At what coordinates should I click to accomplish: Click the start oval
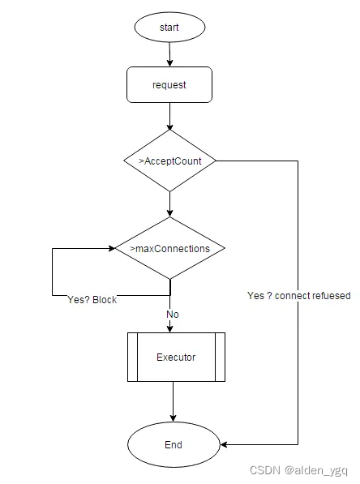click(169, 27)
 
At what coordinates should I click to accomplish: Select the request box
click(169, 84)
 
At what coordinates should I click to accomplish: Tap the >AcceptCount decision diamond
click(169, 161)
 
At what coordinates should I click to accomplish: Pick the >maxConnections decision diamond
click(169, 248)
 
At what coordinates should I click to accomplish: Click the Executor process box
click(175, 357)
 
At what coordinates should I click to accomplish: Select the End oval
click(174, 444)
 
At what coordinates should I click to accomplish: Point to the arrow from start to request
click(169, 54)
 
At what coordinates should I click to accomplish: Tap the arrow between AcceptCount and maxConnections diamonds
click(169, 204)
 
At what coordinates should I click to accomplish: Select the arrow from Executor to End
click(174, 402)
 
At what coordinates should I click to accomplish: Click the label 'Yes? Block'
click(92, 300)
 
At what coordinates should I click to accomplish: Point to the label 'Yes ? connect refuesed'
click(298, 296)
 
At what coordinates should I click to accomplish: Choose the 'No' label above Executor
click(173, 314)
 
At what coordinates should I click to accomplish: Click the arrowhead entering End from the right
click(225, 444)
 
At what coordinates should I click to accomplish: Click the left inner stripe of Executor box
click(131, 357)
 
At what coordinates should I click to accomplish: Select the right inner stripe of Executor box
click(220, 357)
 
